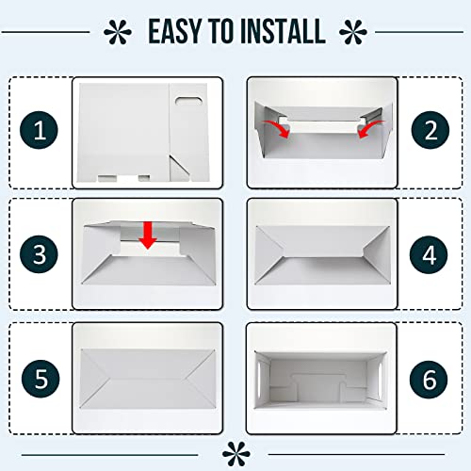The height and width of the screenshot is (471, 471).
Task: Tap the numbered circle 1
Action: click(40, 131)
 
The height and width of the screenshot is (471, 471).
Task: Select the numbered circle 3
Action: click(40, 253)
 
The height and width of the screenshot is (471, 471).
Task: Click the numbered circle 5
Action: click(40, 379)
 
